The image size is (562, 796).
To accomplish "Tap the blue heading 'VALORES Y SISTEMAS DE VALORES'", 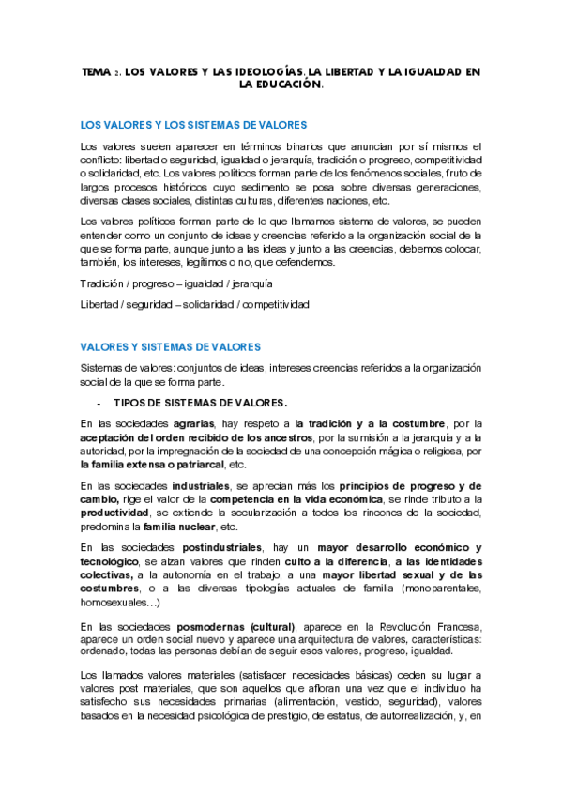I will tap(171, 347).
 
